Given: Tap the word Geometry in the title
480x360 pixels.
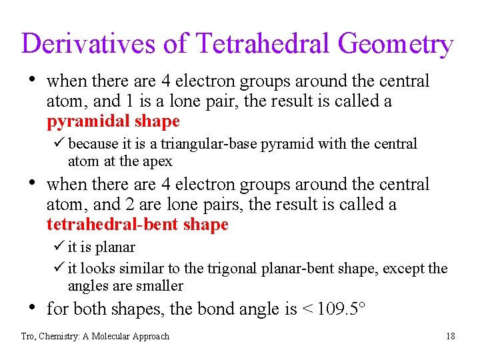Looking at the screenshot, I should click(395, 44).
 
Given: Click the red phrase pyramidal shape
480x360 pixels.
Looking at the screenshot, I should click(113, 121).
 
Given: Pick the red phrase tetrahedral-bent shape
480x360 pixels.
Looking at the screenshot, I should click(137, 225).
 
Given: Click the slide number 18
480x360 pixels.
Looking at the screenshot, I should click(451, 337).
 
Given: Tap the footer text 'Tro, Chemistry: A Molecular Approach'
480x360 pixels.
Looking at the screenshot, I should click(95, 337).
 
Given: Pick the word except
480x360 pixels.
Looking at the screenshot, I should click(404, 269).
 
